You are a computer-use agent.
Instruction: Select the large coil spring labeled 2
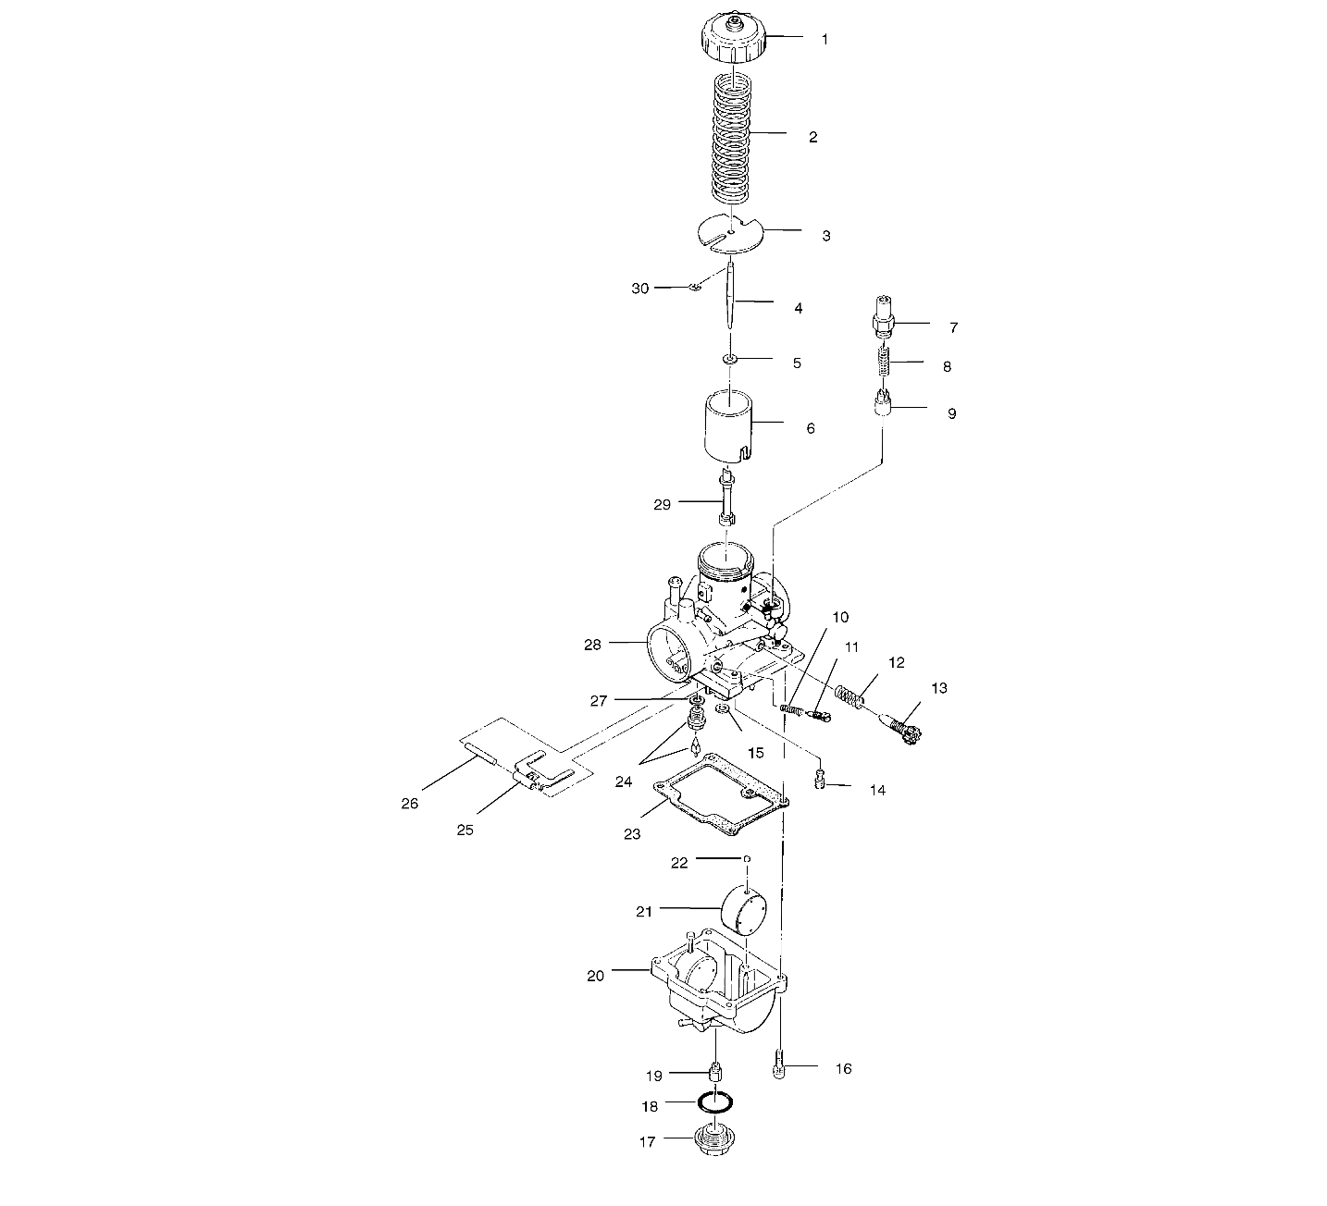click(732, 139)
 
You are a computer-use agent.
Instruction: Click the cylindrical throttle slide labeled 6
click(730, 359)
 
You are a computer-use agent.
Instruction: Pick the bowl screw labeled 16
click(778, 1067)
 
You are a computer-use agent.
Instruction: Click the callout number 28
click(592, 645)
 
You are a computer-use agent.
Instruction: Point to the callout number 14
click(877, 791)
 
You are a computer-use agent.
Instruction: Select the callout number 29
click(662, 504)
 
